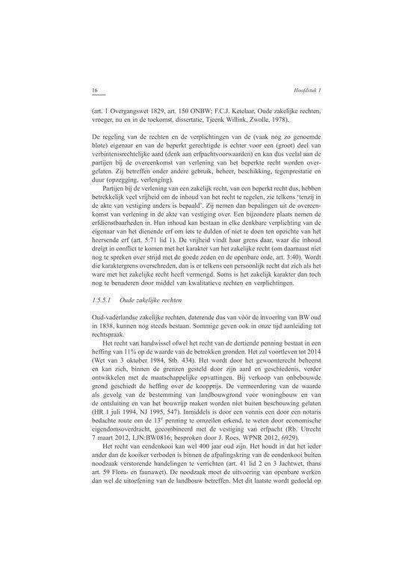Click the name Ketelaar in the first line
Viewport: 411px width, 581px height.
243,109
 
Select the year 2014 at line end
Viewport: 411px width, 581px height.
312,350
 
